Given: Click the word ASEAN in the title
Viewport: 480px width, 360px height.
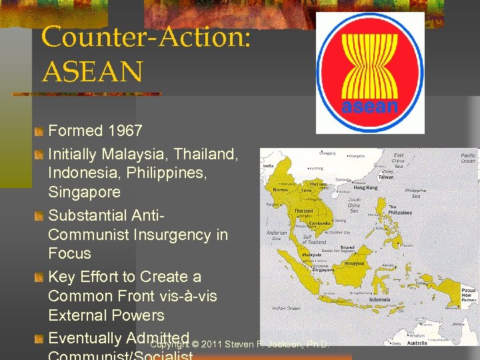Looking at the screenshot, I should point(92,70).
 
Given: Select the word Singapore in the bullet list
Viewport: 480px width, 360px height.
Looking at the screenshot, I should point(84,192).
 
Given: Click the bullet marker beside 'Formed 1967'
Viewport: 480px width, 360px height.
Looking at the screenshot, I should point(40,131).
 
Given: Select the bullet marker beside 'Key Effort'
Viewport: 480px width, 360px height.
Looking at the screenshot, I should point(40,277).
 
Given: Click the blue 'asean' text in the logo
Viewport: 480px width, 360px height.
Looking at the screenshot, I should point(369,107).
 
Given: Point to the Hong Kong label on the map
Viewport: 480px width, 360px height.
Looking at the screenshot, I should point(365,189).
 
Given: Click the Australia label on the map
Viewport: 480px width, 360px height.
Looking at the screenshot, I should point(418,343).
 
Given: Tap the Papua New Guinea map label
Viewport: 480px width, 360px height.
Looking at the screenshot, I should point(469,295).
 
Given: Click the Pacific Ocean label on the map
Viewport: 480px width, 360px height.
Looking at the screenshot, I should point(468,158).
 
